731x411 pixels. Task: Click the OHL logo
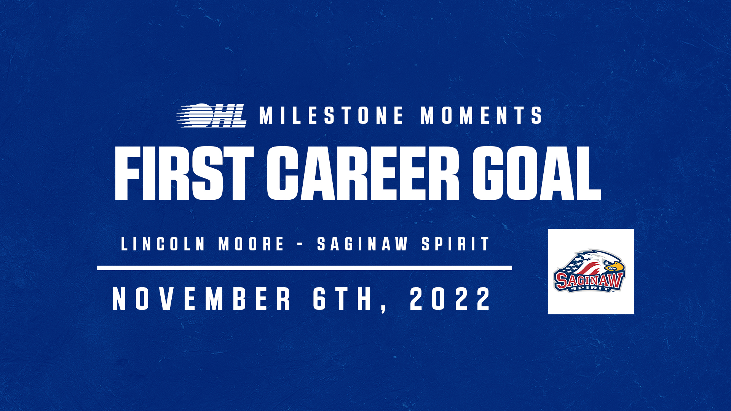pos(212,115)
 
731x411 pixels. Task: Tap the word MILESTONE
pos(332,115)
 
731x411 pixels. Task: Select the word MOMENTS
pos(481,115)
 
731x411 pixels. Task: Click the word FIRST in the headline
pos(184,174)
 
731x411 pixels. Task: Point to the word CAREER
pos(363,174)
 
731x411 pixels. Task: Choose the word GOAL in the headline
pos(537,174)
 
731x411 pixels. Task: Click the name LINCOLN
pos(163,244)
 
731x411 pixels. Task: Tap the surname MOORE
pos(251,244)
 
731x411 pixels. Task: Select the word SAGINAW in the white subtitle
pos(363,244)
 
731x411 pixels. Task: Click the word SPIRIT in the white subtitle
pos(455,244)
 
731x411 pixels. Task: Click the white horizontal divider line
pos(305,268)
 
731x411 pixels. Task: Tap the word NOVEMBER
pos(202,299)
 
